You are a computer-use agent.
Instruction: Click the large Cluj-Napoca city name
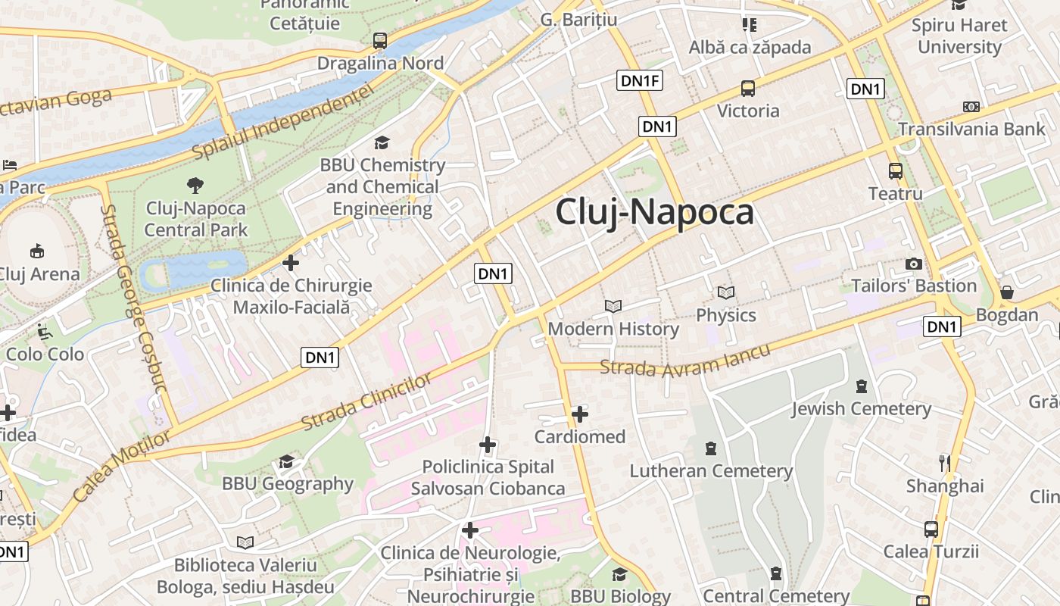coord(655,212)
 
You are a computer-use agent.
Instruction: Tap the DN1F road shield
coord(640,80)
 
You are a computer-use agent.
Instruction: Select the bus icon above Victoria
coord(748,89)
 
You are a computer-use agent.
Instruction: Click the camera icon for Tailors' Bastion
coord(914,264)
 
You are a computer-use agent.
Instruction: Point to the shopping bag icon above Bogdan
coord(1007,292)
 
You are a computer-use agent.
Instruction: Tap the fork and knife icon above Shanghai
coord(944,463)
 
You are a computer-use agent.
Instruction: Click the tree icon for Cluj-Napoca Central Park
coord(195,185)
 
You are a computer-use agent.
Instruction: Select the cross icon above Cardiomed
coord(580,414)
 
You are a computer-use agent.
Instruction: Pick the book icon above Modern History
coord(613,307)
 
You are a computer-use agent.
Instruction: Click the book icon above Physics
coord(726,292)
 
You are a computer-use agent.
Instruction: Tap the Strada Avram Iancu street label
coord(684,361)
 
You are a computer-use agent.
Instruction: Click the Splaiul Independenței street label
coord(283,122)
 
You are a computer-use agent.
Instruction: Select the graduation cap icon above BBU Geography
coord(286,461)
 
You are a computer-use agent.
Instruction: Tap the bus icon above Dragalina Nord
coord(380,41)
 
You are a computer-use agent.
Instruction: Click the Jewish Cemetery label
coord(861,409)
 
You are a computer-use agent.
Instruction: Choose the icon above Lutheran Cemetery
coord(710,448)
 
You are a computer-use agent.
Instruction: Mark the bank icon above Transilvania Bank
coord(971,107)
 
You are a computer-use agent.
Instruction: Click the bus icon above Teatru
coord(896,171)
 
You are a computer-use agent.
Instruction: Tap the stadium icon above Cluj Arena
coord(36,251)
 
